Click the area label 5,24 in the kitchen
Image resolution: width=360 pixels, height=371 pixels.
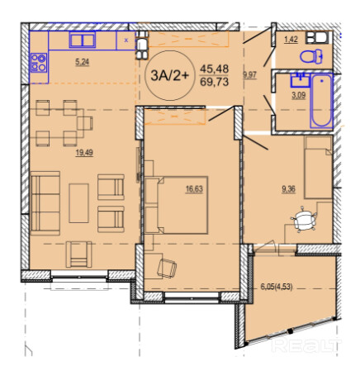(x=83, y=62)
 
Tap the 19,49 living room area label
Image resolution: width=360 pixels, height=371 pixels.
(x=84, y=152)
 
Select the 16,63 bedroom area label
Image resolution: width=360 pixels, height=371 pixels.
(x=194, y=189)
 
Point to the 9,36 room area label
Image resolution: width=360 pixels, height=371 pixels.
(x=288, y=189)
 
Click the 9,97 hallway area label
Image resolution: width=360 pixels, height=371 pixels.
(x=249, y=75)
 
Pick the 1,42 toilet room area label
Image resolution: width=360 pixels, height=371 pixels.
(x=291, y=40)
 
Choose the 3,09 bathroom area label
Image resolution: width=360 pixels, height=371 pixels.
(x=299, y=95)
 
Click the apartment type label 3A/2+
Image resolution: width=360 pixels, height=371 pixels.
(x=170, y=75)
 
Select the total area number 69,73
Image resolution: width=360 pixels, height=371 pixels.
(x=214, y=82)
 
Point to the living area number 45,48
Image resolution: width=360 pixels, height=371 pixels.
(x=214, y=69)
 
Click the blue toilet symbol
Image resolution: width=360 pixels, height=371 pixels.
(x=311, y=56)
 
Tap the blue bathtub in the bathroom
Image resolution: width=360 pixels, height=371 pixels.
(x=321, y=100)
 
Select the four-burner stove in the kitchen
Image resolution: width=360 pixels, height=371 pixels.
(x=39, y=63)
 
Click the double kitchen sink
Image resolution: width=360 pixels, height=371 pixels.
(x=83, y=40)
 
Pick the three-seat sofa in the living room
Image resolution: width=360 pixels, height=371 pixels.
(x=45, y=203)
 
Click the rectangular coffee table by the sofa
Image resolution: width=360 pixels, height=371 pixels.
(x=78, y=203)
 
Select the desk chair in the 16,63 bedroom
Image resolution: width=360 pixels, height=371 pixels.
(x=167, y=268)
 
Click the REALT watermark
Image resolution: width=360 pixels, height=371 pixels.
(x=306, y=345)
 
